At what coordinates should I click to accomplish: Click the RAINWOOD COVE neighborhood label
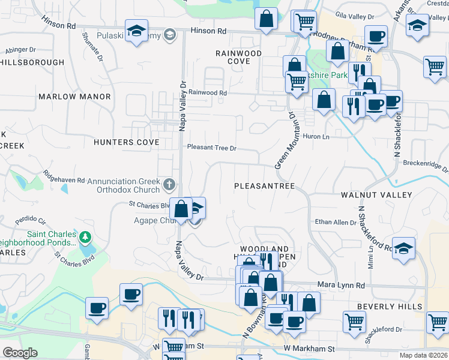[x=239, y=57]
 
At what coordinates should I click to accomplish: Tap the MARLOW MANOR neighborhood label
[x=75, y=97]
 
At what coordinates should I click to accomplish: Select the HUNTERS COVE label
[x=127, y=142]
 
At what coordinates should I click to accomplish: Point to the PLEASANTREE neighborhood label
[x=264, y=186]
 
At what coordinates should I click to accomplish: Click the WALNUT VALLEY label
[x=376, y=195]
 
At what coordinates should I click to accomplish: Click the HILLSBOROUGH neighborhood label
[x=32, y=62]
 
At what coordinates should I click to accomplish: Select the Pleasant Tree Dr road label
[x=212, y=148]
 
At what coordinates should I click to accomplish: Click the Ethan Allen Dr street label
[x=336, y=223]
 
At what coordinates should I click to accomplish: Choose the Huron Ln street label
[x=317, y=137]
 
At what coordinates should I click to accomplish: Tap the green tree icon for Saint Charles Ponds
[x=85, y=238]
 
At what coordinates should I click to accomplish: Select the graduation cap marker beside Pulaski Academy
[x=136, y=31]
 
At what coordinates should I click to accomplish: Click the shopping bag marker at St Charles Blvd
[x=181, y=209]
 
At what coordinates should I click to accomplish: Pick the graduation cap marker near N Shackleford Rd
[x=403, y=248]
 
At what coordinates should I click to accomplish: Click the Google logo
[x=20, y=353]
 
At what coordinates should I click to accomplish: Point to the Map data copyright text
[x=423, y=355]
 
